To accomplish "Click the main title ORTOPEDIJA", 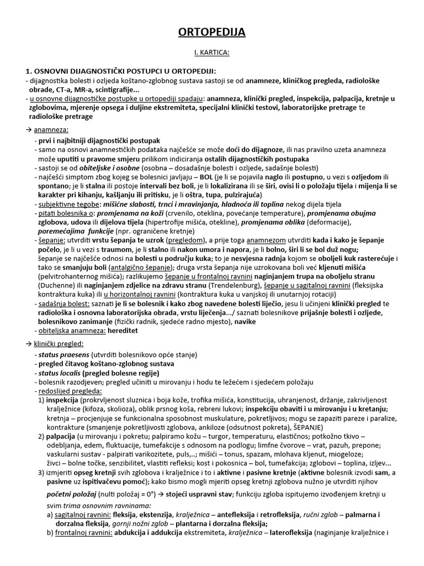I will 212,33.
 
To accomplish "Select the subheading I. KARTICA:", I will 212,54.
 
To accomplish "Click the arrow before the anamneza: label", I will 29,130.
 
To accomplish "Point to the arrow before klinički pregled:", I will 29,343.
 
